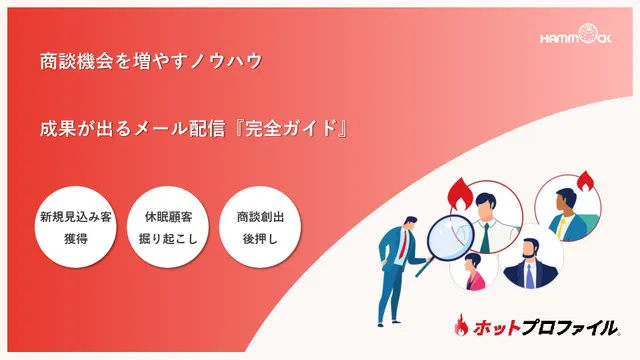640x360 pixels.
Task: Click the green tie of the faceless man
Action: tap(485, 236)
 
